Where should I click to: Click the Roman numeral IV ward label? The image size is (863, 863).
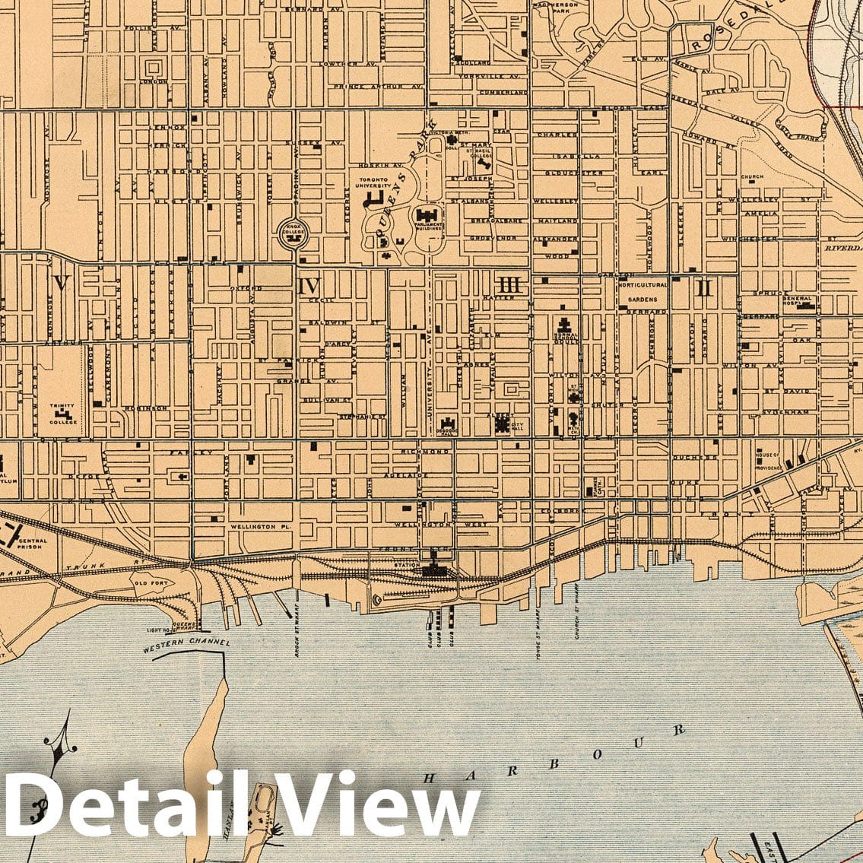(x=309, y=286)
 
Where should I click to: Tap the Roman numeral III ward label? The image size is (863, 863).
(x=512, y=285)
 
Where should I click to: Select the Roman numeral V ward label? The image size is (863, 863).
(x=62, y=284)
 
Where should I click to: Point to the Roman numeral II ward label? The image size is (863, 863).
(x=704, y=287)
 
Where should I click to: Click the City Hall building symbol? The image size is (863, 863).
(x=503, y=424)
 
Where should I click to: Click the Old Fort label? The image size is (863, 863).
(x=145, y=584)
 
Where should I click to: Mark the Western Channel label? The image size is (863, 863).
(x=186, y=644)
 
